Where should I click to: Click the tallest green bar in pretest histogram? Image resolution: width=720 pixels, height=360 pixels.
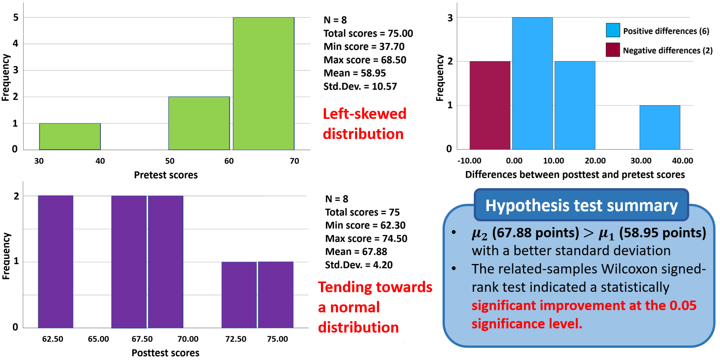(263, 83)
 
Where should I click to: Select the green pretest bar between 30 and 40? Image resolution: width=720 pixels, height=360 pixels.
(70, 136)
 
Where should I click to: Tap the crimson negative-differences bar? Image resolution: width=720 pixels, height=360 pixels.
(490, 105)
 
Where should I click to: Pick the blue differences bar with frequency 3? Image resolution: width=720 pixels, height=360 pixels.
(532, 83)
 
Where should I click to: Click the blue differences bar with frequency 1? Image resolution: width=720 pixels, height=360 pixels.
(659, 127)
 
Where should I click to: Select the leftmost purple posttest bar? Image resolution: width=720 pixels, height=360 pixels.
(56, 261)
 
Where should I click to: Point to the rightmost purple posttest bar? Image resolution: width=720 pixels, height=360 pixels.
(276, 294)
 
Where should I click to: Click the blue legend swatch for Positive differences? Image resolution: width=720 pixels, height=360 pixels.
(613, 30)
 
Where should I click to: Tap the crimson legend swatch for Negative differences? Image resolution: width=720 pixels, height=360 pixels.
(613, 50)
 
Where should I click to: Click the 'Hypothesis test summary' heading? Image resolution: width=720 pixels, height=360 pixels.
(581, 206)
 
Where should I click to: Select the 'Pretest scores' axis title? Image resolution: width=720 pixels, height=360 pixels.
(166, 175)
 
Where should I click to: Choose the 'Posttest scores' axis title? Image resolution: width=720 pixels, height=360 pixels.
(165, 353)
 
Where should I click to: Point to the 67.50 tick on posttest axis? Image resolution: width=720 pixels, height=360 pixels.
(142, 339)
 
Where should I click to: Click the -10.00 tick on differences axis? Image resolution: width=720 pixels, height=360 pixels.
(469, 161)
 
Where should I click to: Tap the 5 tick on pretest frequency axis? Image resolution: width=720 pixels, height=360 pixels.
(16, 18)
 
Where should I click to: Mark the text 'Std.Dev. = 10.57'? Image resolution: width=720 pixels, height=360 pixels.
(360, 86)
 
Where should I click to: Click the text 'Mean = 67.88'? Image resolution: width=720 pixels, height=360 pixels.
(356, 252)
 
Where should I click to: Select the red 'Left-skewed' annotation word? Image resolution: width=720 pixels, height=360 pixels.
(364, 114)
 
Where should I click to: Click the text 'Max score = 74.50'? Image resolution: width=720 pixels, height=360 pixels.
(366, 238)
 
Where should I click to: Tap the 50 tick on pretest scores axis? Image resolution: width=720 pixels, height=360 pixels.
(170, 161)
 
